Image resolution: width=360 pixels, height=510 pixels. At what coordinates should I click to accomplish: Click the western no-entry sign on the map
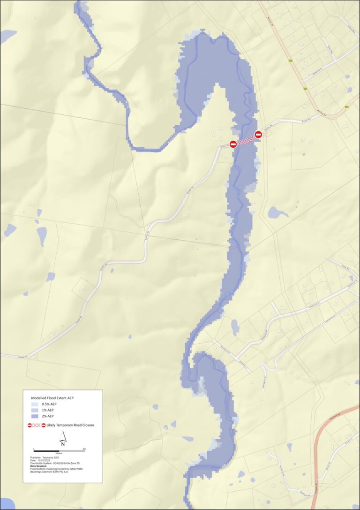coord(233,145)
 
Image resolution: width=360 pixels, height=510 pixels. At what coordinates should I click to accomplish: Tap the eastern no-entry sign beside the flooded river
coord(258,135)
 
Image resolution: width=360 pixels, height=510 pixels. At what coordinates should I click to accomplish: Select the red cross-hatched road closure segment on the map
coord(246,140)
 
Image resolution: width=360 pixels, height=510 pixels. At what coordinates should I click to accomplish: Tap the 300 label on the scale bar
coord(84,449)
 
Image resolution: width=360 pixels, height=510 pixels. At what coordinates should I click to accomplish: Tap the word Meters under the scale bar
coord(59,454)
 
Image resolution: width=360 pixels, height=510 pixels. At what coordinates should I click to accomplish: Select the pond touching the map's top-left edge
coord(7,36)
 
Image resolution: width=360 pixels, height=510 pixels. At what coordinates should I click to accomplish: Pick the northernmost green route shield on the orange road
coord(291,61)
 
